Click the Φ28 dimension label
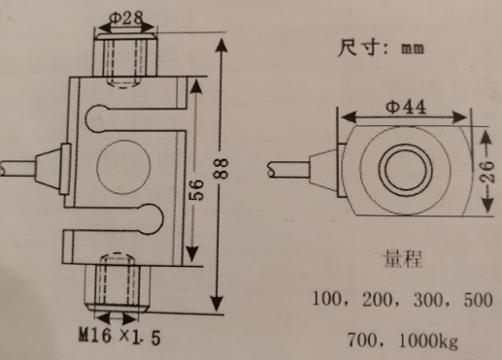pos(126,18)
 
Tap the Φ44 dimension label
pos(406,107)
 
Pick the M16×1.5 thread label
pos(119,337)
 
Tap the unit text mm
pos(413,49)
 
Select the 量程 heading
pos(402,259)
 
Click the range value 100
pos(327,299)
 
